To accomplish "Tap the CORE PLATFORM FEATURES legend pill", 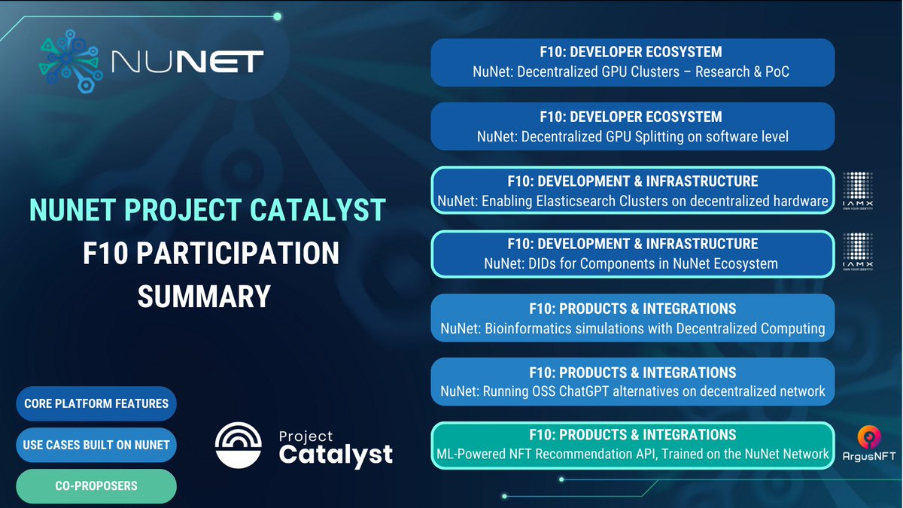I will [x=96, y=404].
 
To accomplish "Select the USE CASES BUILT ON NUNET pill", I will [x=96, y=445].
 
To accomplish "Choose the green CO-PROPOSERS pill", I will [x=96, y=486].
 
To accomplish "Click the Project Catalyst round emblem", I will [x=239, y=446].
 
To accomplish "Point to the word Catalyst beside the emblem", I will [x=336, y=455].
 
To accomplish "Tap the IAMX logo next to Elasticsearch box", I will [x=857, y=193].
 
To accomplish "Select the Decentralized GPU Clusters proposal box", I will [x=632, y=62].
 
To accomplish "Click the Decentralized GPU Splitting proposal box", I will [x=632, y=126].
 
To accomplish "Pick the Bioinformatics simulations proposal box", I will [x=632, y=318].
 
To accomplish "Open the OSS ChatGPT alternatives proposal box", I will [x=632, y=382].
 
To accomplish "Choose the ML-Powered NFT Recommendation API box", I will [x=632, y=444].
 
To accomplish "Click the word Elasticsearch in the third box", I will [x=594, y=201].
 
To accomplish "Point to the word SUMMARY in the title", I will [x=204, y=296].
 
